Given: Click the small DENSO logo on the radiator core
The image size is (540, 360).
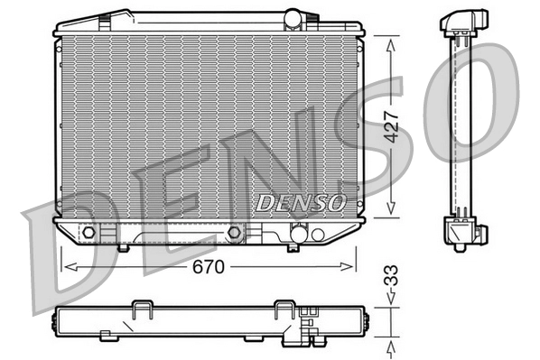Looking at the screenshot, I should pos(301,201).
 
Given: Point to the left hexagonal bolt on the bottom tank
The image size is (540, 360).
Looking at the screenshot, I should pos(88,234).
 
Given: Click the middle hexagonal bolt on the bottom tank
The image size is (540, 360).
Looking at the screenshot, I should pos(235,233).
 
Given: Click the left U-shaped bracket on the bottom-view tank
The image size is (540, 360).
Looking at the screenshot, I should pos(143,310).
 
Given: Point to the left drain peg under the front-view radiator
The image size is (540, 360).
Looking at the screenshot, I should pos(123,247).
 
